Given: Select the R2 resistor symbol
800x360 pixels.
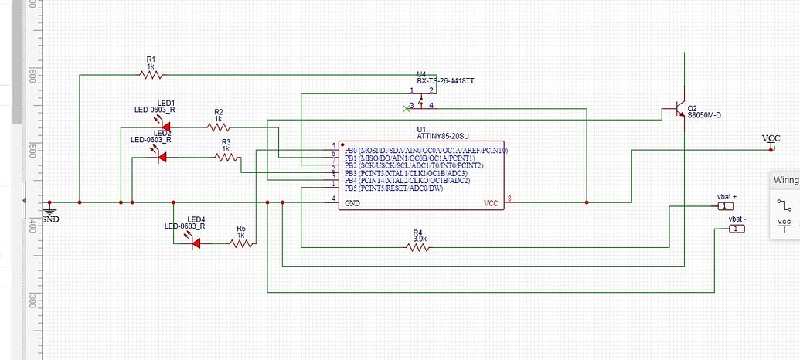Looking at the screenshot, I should coord(218,127).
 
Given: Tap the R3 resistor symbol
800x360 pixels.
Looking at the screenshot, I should coord(226,157).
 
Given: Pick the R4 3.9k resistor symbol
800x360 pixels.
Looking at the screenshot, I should coord(417,247).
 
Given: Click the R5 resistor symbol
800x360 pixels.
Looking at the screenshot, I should coord(241,243).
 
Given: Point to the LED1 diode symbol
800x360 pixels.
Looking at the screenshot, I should coord(165,127).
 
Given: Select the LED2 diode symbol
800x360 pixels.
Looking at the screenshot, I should coord(162,157).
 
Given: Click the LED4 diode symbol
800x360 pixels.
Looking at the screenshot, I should coord(195,243).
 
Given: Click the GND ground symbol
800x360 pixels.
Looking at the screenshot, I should coord(49,210).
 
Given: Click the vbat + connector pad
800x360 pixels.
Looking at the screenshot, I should coord(725,205).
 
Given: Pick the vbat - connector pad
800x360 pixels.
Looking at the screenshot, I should coord(737,228).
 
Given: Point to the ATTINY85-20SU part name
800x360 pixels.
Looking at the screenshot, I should coord(441,136).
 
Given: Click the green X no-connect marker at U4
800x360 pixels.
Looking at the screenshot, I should coord(405,107).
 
